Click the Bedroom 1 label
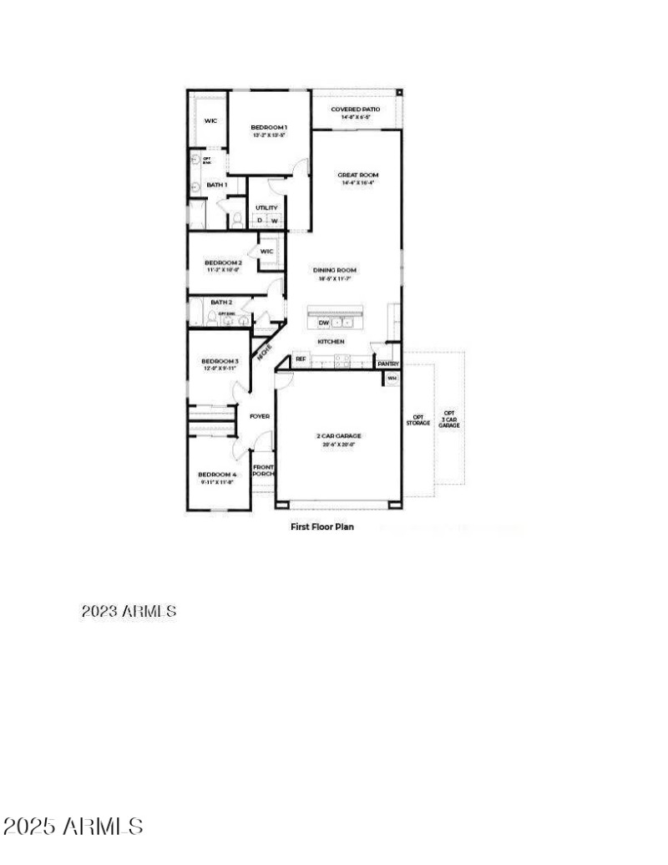[x=269, y=127]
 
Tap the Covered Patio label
[x=355, y=109]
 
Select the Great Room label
[x=356, y=176]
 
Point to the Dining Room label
[x=335, y=270]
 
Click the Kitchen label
[x=331, y=342]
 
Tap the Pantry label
[x=388, y=364]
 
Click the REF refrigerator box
[x=301, y=359]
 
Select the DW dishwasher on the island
[x=323, y=323]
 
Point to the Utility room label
[x=266, y=208]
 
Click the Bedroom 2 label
[x=223, y=262]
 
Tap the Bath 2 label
[x=221, y=302]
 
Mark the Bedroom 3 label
[x=220, y=361]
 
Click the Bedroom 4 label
[x=218, y=474]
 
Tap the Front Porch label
[x=263, y=471]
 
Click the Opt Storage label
[x=418, y=420]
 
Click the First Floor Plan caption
[x=321, y=527]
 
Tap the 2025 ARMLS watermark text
[x=73, y=827]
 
